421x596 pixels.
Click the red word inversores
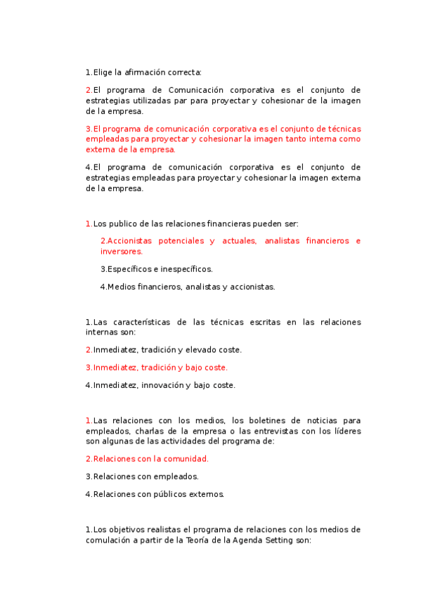click(x=121, y=252)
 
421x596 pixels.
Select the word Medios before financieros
click(x=121, y=287)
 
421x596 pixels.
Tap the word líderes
click(x=346, y=431)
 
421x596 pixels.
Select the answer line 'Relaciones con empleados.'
click(x=141, y=477)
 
